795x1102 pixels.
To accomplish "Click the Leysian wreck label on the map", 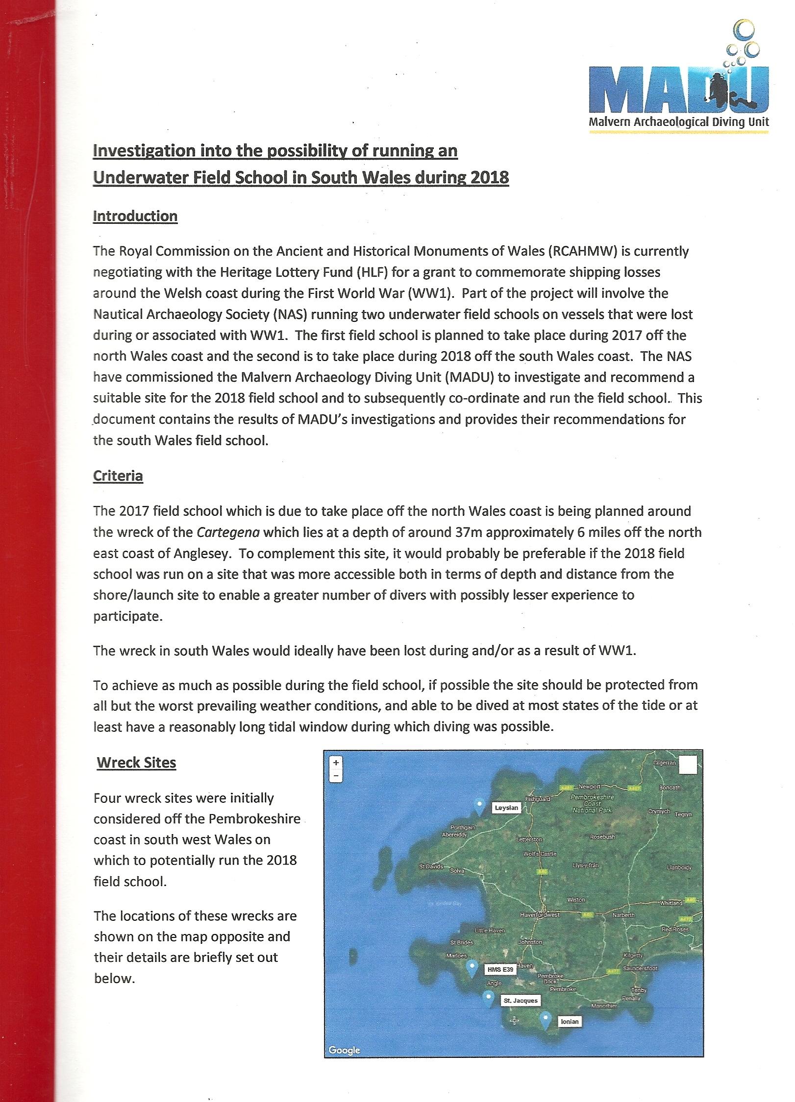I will (x=506, y=808).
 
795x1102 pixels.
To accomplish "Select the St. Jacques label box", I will (x=521, y=1001).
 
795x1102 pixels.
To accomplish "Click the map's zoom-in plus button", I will (x=336, y=763).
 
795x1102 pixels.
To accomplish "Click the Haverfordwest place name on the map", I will (x=540, y=914).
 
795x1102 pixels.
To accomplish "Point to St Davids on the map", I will (x=431, y=866).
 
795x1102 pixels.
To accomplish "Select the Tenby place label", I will (x=639, y=990).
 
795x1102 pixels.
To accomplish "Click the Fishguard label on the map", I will (x=538, y=799).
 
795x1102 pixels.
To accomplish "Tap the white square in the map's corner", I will (x=688, y=765).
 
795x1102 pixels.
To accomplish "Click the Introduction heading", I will (x=135, y=216).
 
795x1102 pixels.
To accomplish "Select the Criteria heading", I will (x=118, y=476).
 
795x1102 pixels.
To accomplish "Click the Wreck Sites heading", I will (x=136, y=763).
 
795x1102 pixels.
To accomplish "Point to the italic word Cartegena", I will (x=228, y=532).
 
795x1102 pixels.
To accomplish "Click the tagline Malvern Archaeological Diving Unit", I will (x=678, y=122).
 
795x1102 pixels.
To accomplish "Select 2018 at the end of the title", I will (x=489, y=177).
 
